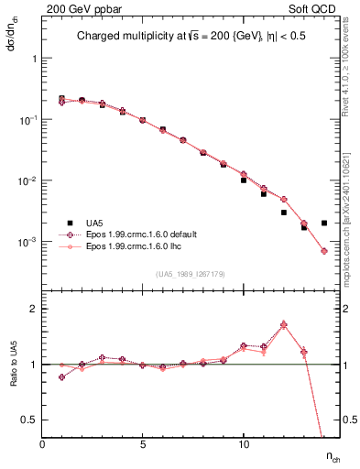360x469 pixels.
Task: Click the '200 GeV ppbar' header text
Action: pos(78,7)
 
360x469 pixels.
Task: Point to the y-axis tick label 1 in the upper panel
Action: pos(34,58)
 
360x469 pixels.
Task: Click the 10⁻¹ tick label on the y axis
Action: pos(29,119)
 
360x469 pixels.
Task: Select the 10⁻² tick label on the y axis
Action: pos(29,180)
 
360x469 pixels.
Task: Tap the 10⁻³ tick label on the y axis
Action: pos(29,242)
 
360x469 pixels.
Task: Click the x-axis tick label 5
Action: pos(143,444)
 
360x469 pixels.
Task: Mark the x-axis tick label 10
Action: pos(244,444)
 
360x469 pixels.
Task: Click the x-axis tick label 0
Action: pos(42,444)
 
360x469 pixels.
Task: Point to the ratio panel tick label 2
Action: pos(34,310)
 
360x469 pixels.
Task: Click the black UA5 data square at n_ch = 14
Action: pos(324,223)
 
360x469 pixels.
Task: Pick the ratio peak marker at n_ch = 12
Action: pos(284,324)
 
